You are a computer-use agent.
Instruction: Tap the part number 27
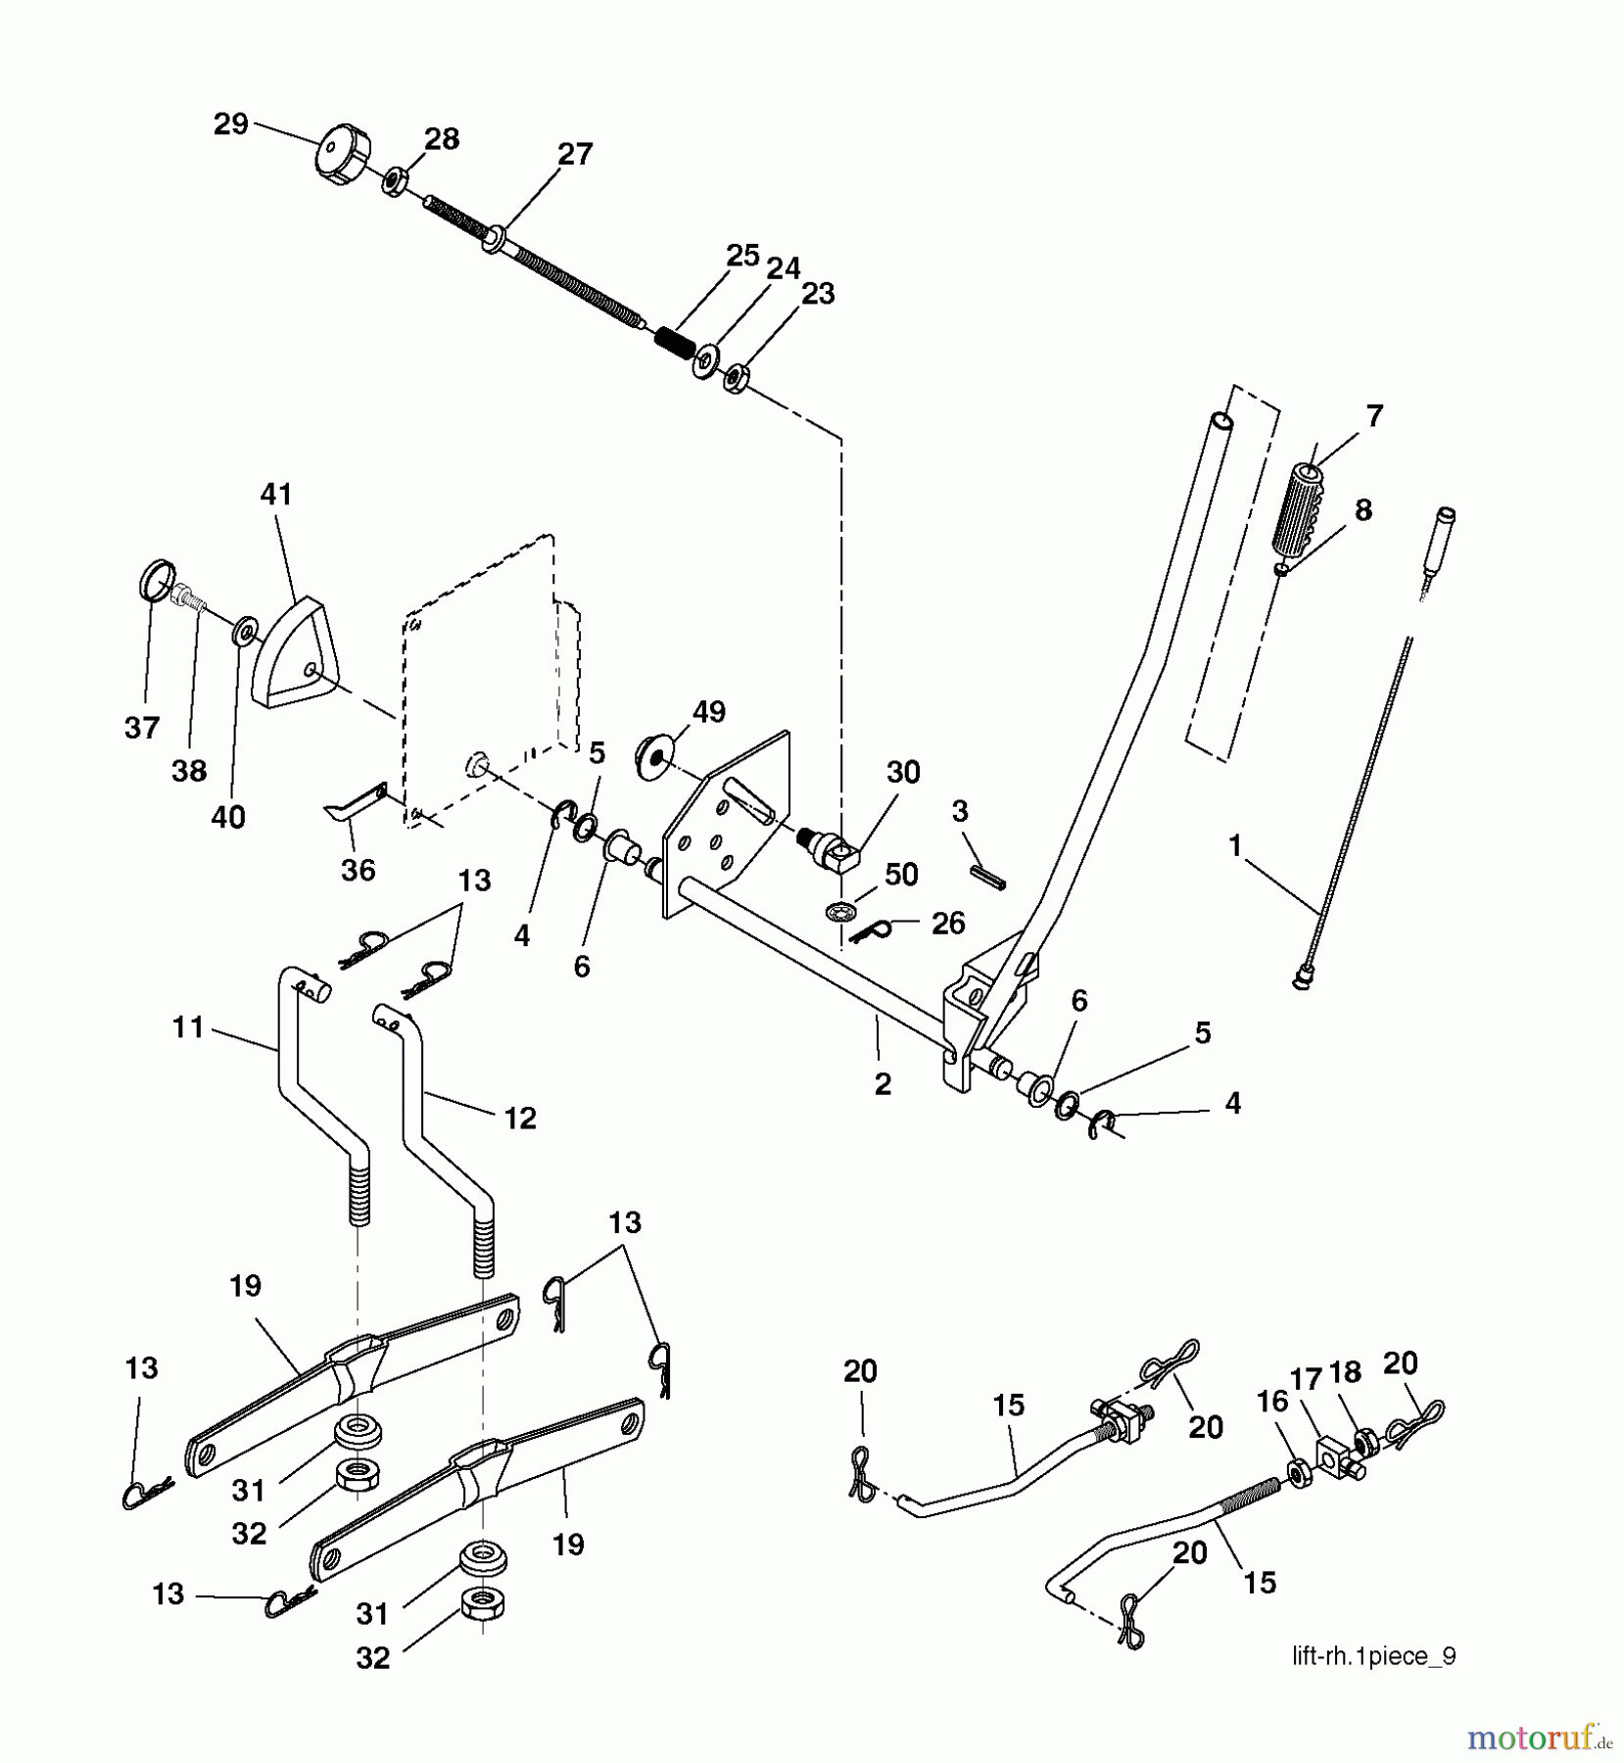tap(575, 154)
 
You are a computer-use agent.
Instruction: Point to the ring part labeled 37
tap(157, 579)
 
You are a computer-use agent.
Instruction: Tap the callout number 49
tap(708, 711)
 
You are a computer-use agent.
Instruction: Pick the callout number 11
tap(187, 1027)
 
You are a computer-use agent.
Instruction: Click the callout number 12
tap(519, 1118)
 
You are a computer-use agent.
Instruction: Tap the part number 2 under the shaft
tap(883, 1084)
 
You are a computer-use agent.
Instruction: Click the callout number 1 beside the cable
tap(1235, 844)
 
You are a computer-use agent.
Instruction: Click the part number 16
tap(1272, 1402)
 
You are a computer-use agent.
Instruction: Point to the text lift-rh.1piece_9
tap(1374, 1656)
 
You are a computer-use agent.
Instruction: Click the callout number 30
tap(903, 772)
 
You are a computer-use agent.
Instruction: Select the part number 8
tap(1362, 510)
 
